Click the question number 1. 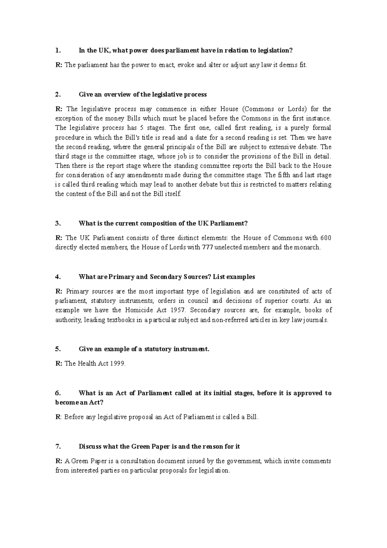tap(57, 50)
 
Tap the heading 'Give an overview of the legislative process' tap(143, 95)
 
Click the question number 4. tap(57, 277)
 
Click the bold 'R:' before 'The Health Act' tap(59, 364)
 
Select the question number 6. tap(57, 393)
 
